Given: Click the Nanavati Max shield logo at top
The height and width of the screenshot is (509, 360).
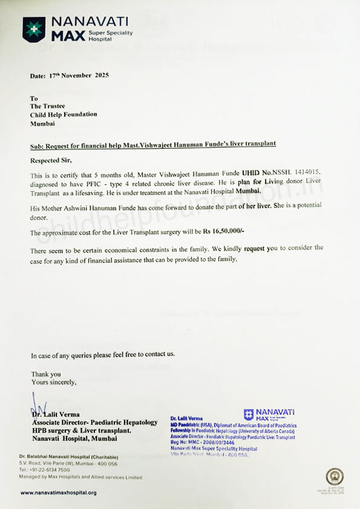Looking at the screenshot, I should click(34, 29).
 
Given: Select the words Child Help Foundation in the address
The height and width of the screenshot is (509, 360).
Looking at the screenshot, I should click(64, 114).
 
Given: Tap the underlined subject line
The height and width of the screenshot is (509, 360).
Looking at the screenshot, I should click(154, 144).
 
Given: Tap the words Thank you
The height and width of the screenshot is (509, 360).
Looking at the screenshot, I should click(46, 374).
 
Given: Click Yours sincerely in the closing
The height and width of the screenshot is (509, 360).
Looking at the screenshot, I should click(54, 382).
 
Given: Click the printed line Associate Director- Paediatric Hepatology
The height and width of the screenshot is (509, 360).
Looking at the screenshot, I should click(94, 422).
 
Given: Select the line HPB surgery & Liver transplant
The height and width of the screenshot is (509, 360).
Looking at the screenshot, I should click(81, 430).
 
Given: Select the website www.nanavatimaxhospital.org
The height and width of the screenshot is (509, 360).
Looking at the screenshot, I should click(58, 493).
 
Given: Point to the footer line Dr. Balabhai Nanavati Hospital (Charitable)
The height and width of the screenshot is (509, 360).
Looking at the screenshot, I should click(68, 456).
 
